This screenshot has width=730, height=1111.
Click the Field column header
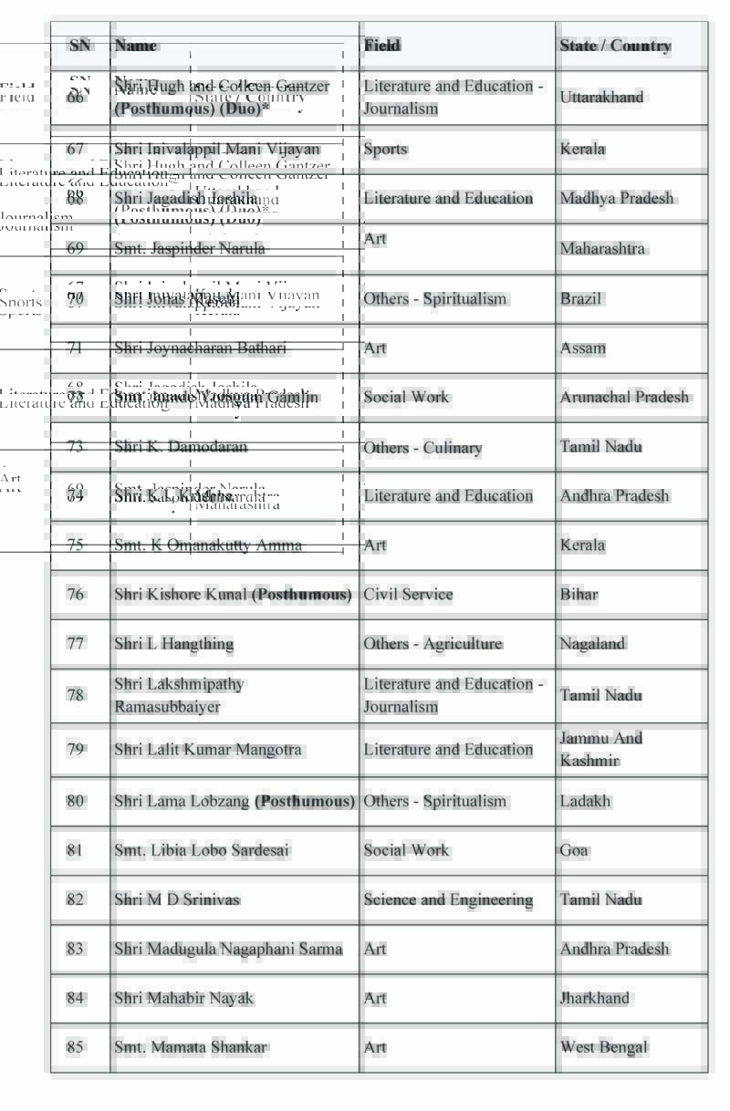click(x=382, y=45)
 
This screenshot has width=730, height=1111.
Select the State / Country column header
click(x=615, y=46)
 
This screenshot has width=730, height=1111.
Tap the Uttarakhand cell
click(x=601, y=97)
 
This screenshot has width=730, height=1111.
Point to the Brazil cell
click(x=580, y=298)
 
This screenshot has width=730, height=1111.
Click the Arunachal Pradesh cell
click(x=624, y=397)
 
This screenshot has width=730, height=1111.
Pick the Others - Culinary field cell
click(x=422, y=447)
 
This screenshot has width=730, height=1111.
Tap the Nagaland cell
click(x=592, y=643)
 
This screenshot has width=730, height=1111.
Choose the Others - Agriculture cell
click(x=433, y=643)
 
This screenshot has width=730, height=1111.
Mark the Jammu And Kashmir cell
click(x=600, y=749)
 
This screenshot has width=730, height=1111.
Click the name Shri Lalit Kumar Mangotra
click(x=207, y=749)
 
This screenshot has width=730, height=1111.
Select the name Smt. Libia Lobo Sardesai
click(x=202, y=850)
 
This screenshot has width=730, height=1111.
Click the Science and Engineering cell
click(x=448, y=899)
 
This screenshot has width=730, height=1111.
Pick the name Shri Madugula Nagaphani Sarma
click(x=228, y=949)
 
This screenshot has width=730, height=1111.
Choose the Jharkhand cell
click(x=594, y=998)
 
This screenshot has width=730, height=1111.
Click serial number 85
click(x=75, y=1047)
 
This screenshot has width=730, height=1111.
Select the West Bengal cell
click(x=603, y=1047)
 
